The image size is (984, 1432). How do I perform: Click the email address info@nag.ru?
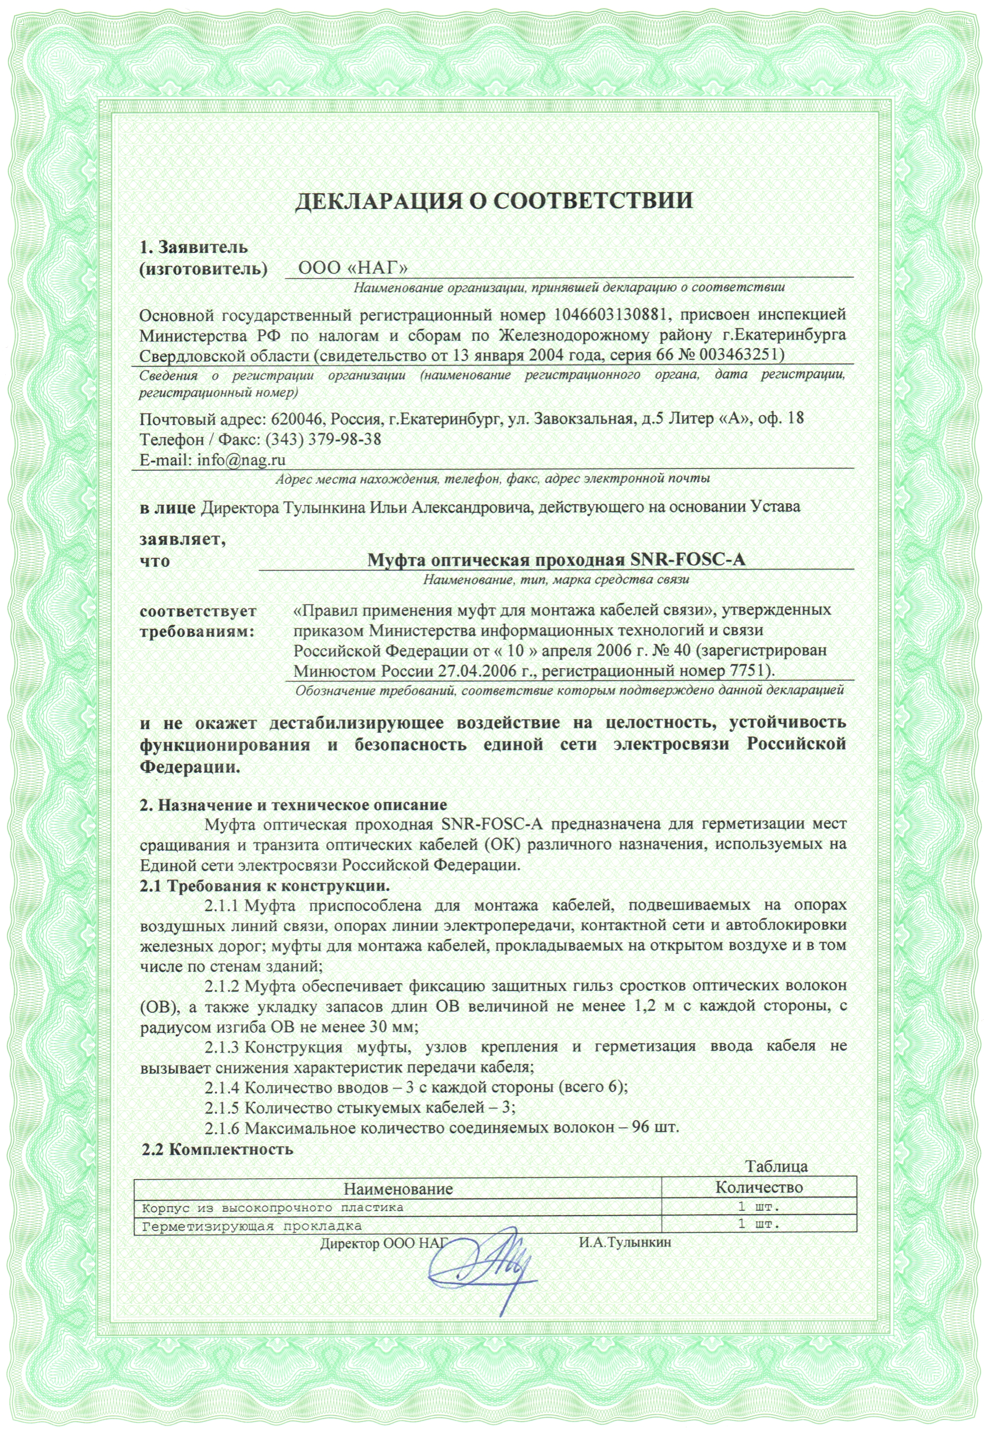240,460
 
